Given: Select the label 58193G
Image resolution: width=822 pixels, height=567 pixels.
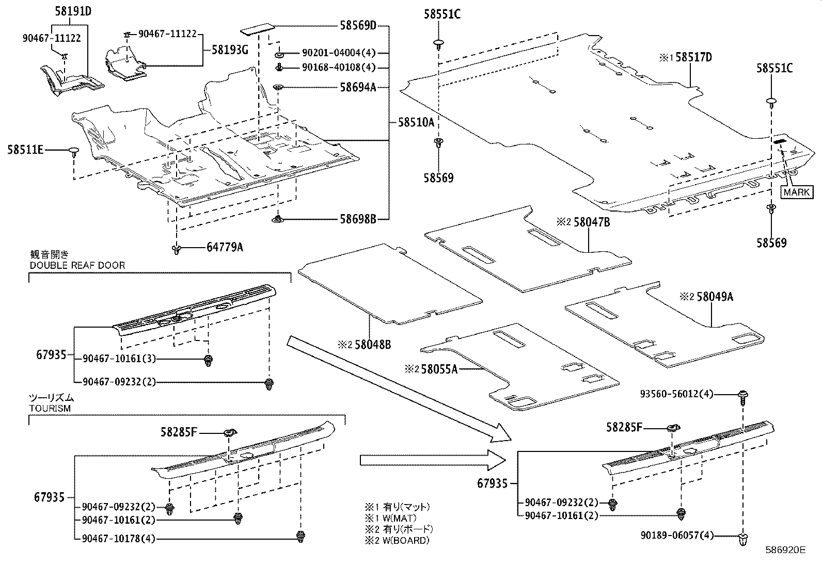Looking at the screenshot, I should pos(230,50).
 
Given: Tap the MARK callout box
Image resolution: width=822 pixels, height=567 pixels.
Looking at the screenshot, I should pos(797,192).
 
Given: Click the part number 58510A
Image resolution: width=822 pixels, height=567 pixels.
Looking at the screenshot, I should pos(416,122).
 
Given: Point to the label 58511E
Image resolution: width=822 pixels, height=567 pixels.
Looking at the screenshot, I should pos(25,150).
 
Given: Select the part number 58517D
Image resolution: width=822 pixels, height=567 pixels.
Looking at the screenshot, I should pos(693,57).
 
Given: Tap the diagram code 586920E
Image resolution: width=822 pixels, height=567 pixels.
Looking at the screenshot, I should pos(785,550).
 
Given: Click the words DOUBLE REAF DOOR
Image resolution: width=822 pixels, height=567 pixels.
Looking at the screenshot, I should pos(77,265).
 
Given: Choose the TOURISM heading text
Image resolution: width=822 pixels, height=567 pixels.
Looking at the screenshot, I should pos(50,408).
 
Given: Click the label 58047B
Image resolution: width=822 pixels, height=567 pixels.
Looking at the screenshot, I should pos(592,222).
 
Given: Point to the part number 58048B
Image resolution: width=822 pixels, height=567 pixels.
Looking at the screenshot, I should pos(372,344).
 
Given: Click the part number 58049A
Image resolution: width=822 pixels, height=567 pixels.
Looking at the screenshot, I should pos(715,297).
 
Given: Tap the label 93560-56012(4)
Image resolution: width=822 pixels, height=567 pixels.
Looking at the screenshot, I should pos(676,394).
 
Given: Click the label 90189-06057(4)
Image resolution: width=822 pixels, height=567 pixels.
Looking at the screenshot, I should pos(676,536).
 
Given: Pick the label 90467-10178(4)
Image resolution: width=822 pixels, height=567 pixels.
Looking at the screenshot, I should pos(118,539).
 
